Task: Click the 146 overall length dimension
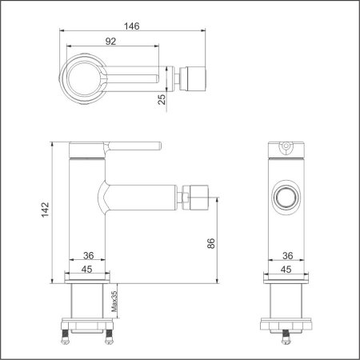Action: point(131,26)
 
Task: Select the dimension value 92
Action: point(111,41)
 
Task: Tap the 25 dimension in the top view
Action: point(162,98)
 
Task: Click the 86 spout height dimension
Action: point(210,243)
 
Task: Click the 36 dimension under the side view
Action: point(89,256)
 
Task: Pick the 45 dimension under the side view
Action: point(89,269)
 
